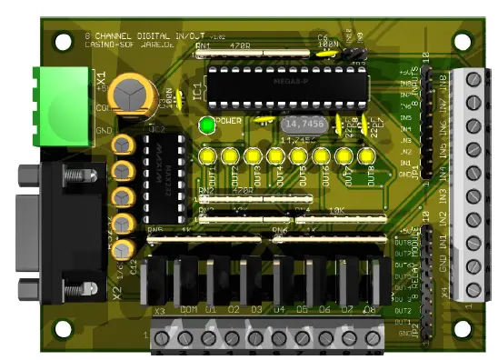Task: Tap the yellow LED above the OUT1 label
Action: [208, 157]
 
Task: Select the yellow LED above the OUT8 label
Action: [367, 157]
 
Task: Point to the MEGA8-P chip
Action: [287, 82]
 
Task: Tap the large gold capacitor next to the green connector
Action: [131, 93]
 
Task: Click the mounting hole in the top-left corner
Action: [63, 41]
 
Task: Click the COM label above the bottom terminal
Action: [188, 311]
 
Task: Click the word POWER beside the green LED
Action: [229, 120]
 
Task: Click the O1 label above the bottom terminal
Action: [212, 311]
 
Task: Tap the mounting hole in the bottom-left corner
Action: [63, 326]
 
